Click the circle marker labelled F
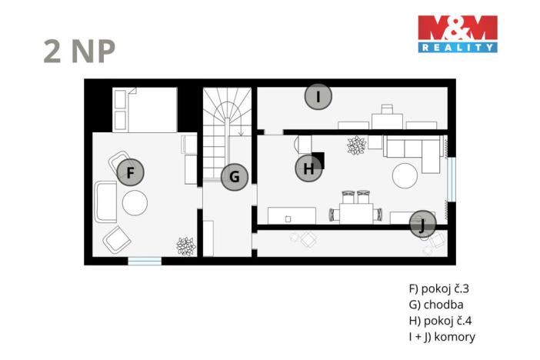131,173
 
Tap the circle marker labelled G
235,178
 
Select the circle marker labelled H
308,169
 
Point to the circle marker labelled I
318,97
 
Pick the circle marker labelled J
422,224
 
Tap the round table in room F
134,203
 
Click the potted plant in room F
185,245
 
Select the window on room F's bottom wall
145,261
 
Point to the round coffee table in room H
406,176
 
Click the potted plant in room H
356,145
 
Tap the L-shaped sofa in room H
415,150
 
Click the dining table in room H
355,209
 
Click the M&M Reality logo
457,34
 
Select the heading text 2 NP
79,51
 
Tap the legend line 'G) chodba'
435,305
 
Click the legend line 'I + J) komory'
442,337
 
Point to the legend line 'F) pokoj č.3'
438,290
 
